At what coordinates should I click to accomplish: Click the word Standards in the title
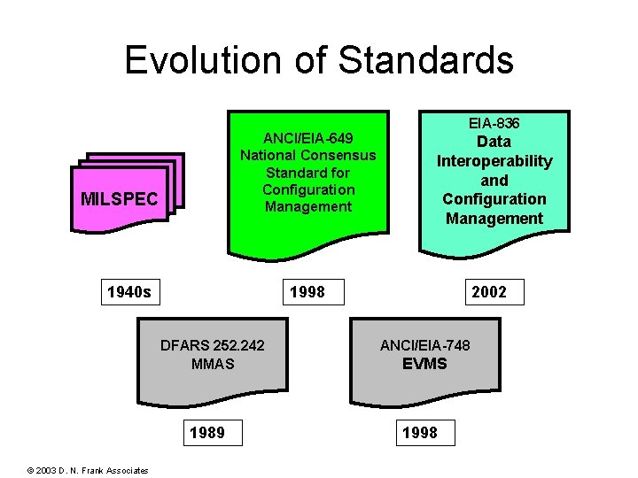(x=426, y=60)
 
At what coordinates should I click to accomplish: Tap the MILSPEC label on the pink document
(x=120, y=199)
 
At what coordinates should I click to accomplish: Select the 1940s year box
(x=128, y=291)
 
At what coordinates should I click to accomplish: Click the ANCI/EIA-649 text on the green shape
(x=308, y=138)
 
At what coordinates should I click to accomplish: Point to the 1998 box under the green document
(x=307, y=291)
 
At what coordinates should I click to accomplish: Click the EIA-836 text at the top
(x=494, y=123)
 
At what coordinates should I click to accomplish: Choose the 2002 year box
(x=489, y=291)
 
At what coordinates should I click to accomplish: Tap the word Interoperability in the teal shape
(x=494, y=161)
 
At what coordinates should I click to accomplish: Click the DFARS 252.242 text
(x=212, y=345)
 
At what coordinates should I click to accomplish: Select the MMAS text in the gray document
(x=212, y=364)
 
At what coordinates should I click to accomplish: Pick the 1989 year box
(x=206, y=433)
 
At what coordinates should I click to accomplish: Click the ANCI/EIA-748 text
(x=424, y=345)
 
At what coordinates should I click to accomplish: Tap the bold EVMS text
(x=424, y=364)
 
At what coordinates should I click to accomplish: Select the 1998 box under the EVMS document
(x=419, y=433)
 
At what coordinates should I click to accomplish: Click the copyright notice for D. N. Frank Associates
(x=88, y=470)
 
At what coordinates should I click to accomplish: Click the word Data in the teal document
(x=494, y=142)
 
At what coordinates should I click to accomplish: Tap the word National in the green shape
(x=268, y=155)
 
